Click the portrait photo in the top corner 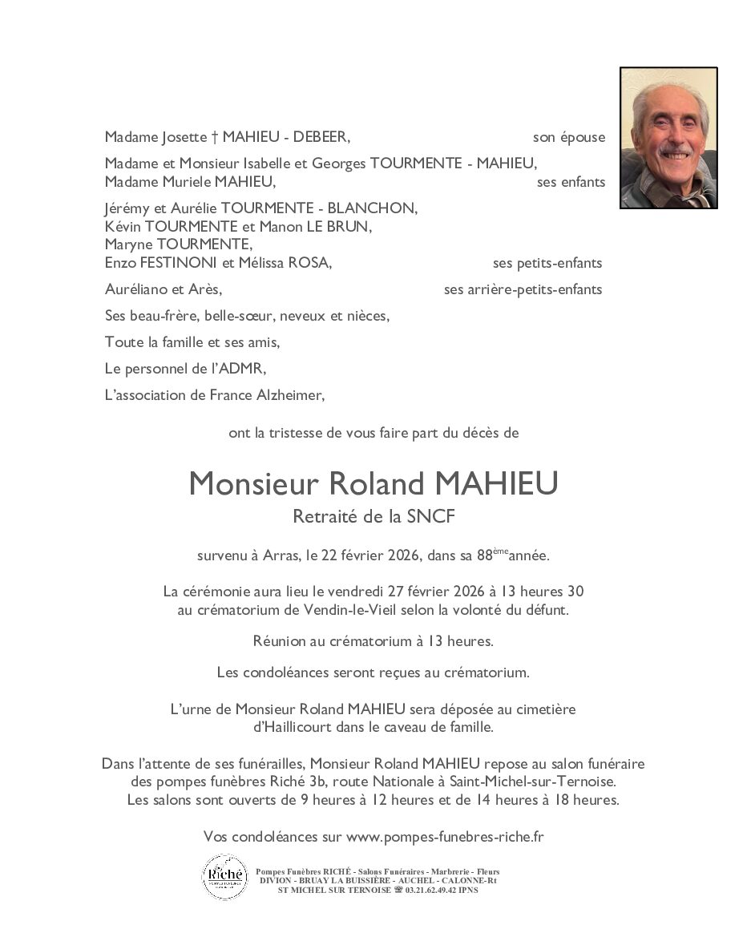click(x=668, y=138)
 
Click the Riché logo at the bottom click(x=224, y=876)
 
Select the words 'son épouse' click(x=569, y=137)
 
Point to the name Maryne click(x=129, y=244)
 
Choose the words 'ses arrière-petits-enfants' click(x=523, y=289)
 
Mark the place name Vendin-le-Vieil click(x=350, y=610)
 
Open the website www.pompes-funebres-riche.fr click(x=445, y=837)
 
